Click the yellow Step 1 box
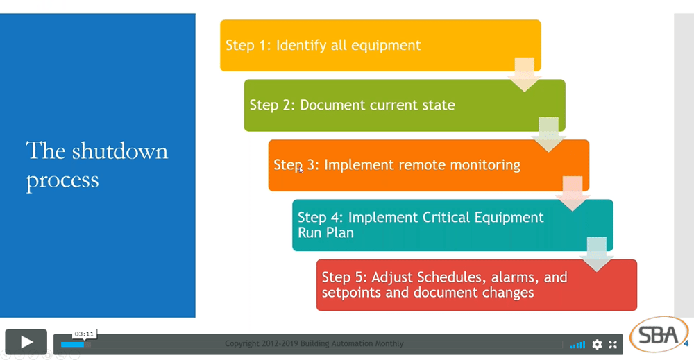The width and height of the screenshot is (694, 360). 380,46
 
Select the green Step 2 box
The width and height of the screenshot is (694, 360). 404,105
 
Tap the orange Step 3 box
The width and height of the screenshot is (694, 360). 428,165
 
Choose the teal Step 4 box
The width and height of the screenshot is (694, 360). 452,225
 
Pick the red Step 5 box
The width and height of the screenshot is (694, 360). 476,284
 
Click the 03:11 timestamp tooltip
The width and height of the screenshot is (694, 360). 84,334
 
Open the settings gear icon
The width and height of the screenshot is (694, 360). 597,344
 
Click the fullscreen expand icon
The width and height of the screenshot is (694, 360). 613,344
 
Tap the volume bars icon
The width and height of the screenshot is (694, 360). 577,344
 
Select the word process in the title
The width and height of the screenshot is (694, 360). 62,180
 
